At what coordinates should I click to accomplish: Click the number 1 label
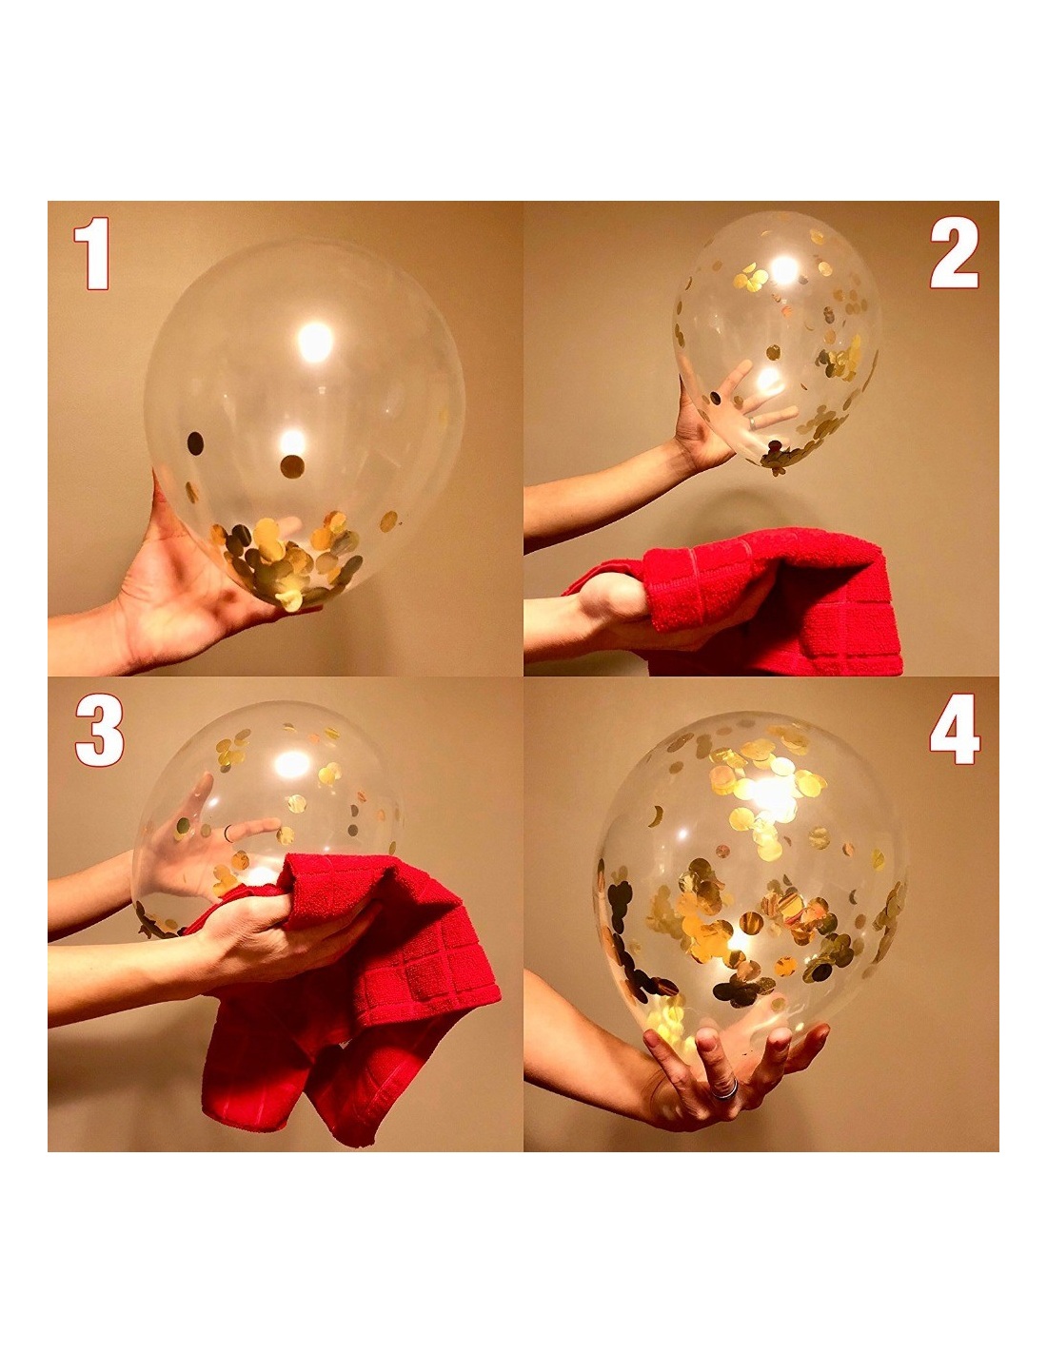[x=91, y=253]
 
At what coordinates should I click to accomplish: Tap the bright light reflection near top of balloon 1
[x=314, y=343]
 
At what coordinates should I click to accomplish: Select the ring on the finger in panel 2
[x=753, y=422]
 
